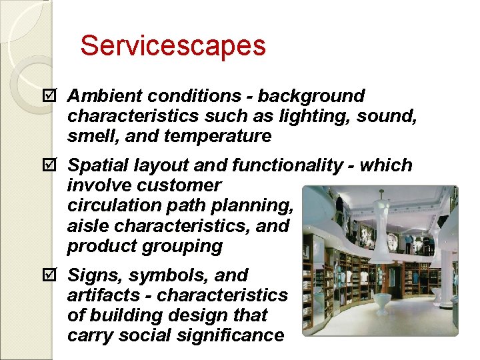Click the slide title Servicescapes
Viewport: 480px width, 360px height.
coord(173,46)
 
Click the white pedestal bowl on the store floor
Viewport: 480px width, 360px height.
coord(382,301)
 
